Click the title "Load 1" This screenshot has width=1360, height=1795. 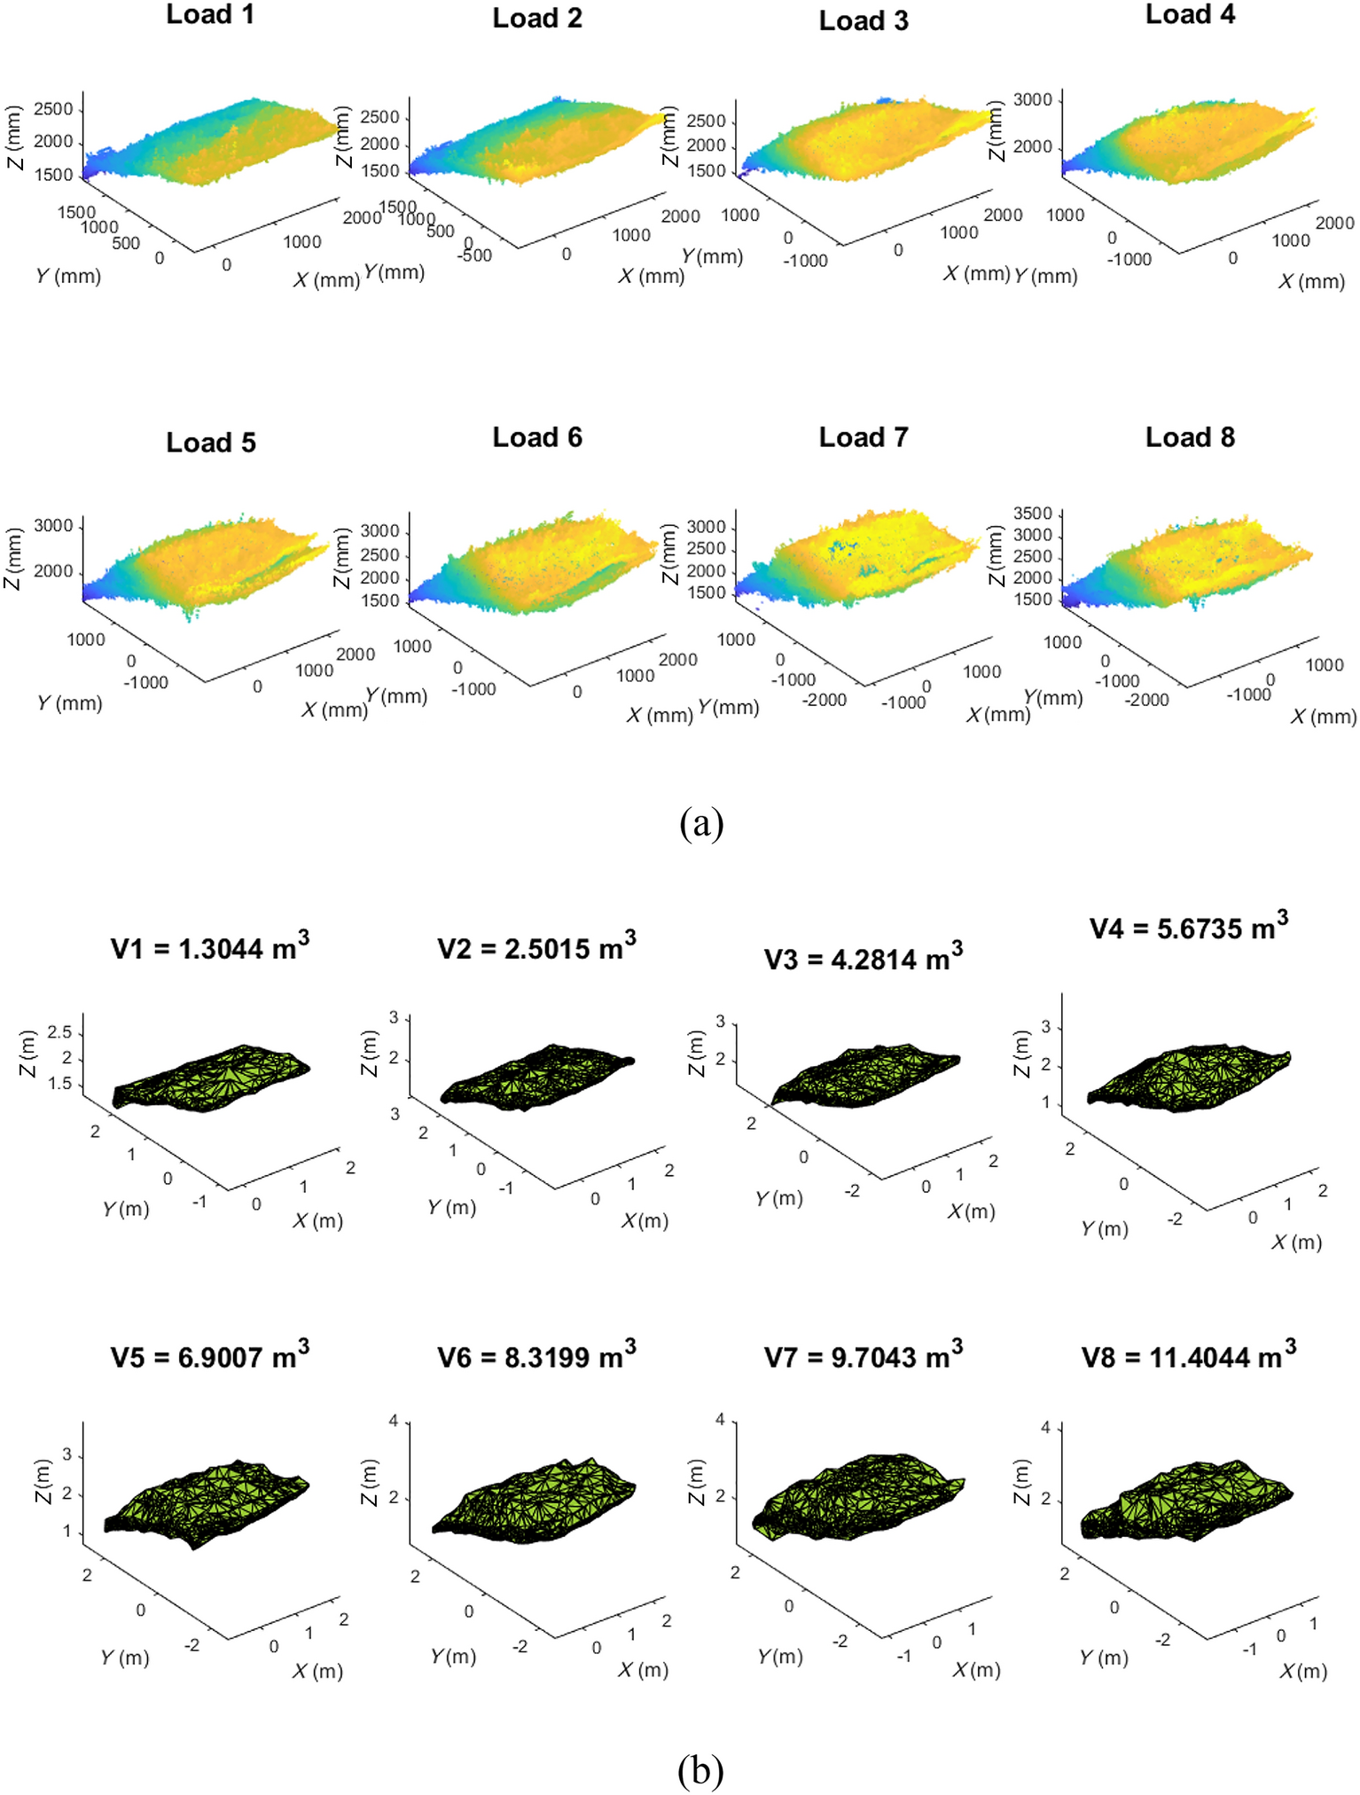point(210,15)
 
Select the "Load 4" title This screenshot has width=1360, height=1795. point(1190,15)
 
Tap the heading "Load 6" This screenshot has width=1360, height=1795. point(537,437)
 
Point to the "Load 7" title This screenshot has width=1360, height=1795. point(864,437)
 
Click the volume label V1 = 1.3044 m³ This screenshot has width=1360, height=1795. point(209,947)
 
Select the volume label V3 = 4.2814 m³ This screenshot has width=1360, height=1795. point(863,958)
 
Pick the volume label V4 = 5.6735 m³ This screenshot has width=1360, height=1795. point(1188,927)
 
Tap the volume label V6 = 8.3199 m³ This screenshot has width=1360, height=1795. point(536,1356)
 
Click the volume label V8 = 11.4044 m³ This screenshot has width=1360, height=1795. point(1188,1356)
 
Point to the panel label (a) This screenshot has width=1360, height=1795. point(701,823)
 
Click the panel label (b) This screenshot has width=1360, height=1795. point(700,1770)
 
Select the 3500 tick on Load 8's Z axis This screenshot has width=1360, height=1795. point(1033,513)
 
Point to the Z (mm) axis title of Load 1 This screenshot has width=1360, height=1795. point(12,137)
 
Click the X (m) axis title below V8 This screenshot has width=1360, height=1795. point(1303,1671)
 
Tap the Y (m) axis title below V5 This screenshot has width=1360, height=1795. point(124,1657)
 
